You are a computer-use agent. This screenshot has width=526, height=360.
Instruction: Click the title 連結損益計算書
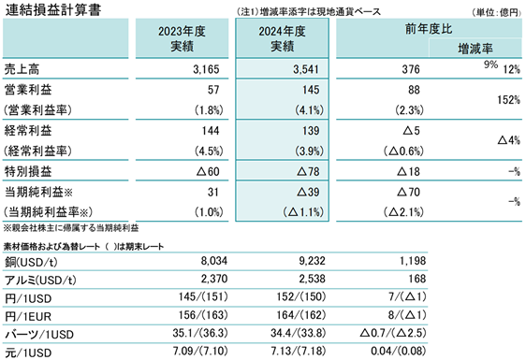(53, 9)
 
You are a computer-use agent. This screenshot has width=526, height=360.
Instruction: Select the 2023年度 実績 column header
(182, 38)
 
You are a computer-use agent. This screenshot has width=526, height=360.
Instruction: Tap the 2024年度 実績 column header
(282, 38)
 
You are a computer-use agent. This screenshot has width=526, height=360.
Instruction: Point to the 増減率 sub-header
(475, 49)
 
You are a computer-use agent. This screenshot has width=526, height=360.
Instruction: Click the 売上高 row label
(22, 69)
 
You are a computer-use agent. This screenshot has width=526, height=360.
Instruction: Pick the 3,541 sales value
(306, 69)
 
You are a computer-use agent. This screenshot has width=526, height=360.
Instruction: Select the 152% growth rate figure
(508, 99)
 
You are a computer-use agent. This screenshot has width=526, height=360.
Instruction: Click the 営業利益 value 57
(213, 90)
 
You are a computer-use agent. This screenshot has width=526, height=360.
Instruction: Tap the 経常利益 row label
(28, 130)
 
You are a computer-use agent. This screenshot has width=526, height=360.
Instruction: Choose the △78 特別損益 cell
(308, 172)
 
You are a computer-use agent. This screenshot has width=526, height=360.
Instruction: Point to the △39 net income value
(308, 192)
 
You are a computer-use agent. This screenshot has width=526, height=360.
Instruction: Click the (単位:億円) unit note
(496, 12)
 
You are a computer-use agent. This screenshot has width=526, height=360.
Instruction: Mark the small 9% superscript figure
(490, 64)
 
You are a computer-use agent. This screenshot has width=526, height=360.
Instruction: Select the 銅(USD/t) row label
(31, 262)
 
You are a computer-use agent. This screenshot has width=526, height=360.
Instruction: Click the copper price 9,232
(312, 261)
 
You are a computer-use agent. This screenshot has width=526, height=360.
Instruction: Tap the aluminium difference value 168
(417, 279)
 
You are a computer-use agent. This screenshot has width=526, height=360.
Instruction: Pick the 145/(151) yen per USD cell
(203, 296)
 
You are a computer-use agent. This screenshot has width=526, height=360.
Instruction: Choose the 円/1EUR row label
(28, 316)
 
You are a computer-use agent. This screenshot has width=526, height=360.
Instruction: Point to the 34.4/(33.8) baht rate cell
(298, 333)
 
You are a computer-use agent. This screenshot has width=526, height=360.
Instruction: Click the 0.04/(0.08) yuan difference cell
(398, 351)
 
